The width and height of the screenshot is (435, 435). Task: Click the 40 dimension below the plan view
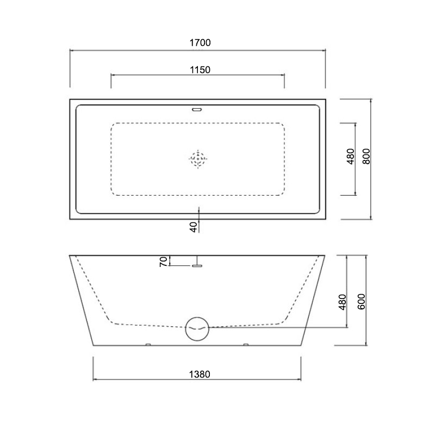193,227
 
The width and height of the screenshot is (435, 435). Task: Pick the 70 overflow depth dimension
163,261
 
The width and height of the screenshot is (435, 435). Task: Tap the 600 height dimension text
361,300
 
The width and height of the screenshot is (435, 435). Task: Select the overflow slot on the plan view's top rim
197,108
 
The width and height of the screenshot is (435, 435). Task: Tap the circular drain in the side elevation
197,328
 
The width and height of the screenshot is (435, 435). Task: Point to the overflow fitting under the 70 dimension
197,265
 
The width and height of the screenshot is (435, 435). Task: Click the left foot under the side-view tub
148,345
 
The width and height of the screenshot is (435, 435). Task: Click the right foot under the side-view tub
246,345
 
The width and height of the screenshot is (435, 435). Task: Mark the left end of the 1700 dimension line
70,51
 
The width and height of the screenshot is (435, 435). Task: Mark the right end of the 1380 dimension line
301,379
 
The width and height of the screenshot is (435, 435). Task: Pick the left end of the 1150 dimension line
111,76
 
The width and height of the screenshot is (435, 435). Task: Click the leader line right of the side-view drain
277,328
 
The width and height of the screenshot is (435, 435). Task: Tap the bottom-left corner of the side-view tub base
94,345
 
